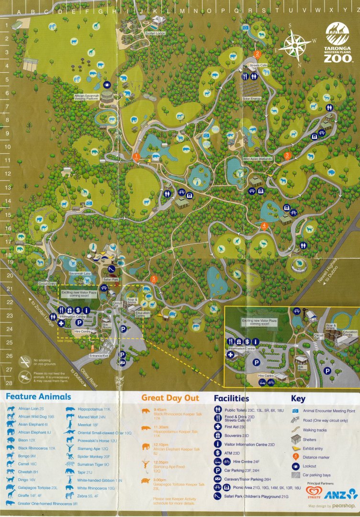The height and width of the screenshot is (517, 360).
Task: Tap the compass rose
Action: [295, 46]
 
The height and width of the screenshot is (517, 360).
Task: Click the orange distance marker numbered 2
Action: [258, 54]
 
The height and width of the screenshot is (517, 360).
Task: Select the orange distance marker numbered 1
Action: [136, 156]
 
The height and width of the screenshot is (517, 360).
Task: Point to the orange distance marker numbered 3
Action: [287, 155]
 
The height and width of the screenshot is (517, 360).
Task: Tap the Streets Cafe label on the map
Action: [259, 65]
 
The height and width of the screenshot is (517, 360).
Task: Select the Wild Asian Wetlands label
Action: [258, 158]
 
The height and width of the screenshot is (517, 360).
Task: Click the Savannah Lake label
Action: [79, 272]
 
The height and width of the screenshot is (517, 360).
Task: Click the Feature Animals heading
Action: [38, 397]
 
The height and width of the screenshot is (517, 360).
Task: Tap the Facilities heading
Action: [231, 398]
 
